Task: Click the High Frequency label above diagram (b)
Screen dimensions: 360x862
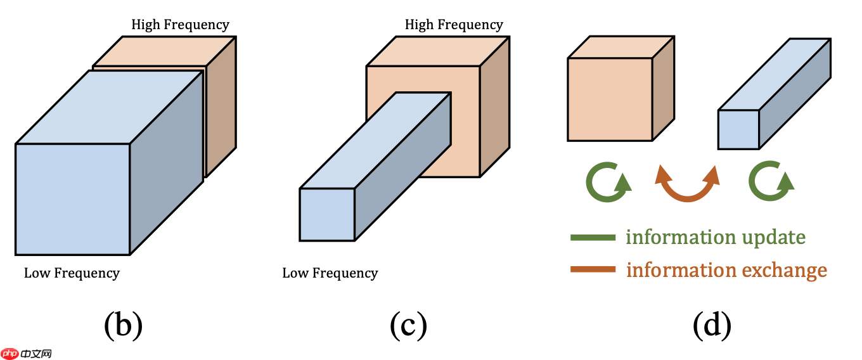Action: click(180, 25)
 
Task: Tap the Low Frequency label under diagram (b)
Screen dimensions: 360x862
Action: click(72, 274)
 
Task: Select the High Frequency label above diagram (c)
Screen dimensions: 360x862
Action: click(454, 25)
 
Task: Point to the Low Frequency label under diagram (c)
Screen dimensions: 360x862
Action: click(330, 274)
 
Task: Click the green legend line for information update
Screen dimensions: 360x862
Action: click(593, 238)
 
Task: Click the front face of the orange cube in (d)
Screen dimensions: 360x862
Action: click(610, 100)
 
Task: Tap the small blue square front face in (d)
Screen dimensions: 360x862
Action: click(738, 130)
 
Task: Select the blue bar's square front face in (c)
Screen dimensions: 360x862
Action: click(327, 215)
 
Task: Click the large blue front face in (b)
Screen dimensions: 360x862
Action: click(72, 199)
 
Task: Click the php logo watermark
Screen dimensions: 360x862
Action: click(27, 354)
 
